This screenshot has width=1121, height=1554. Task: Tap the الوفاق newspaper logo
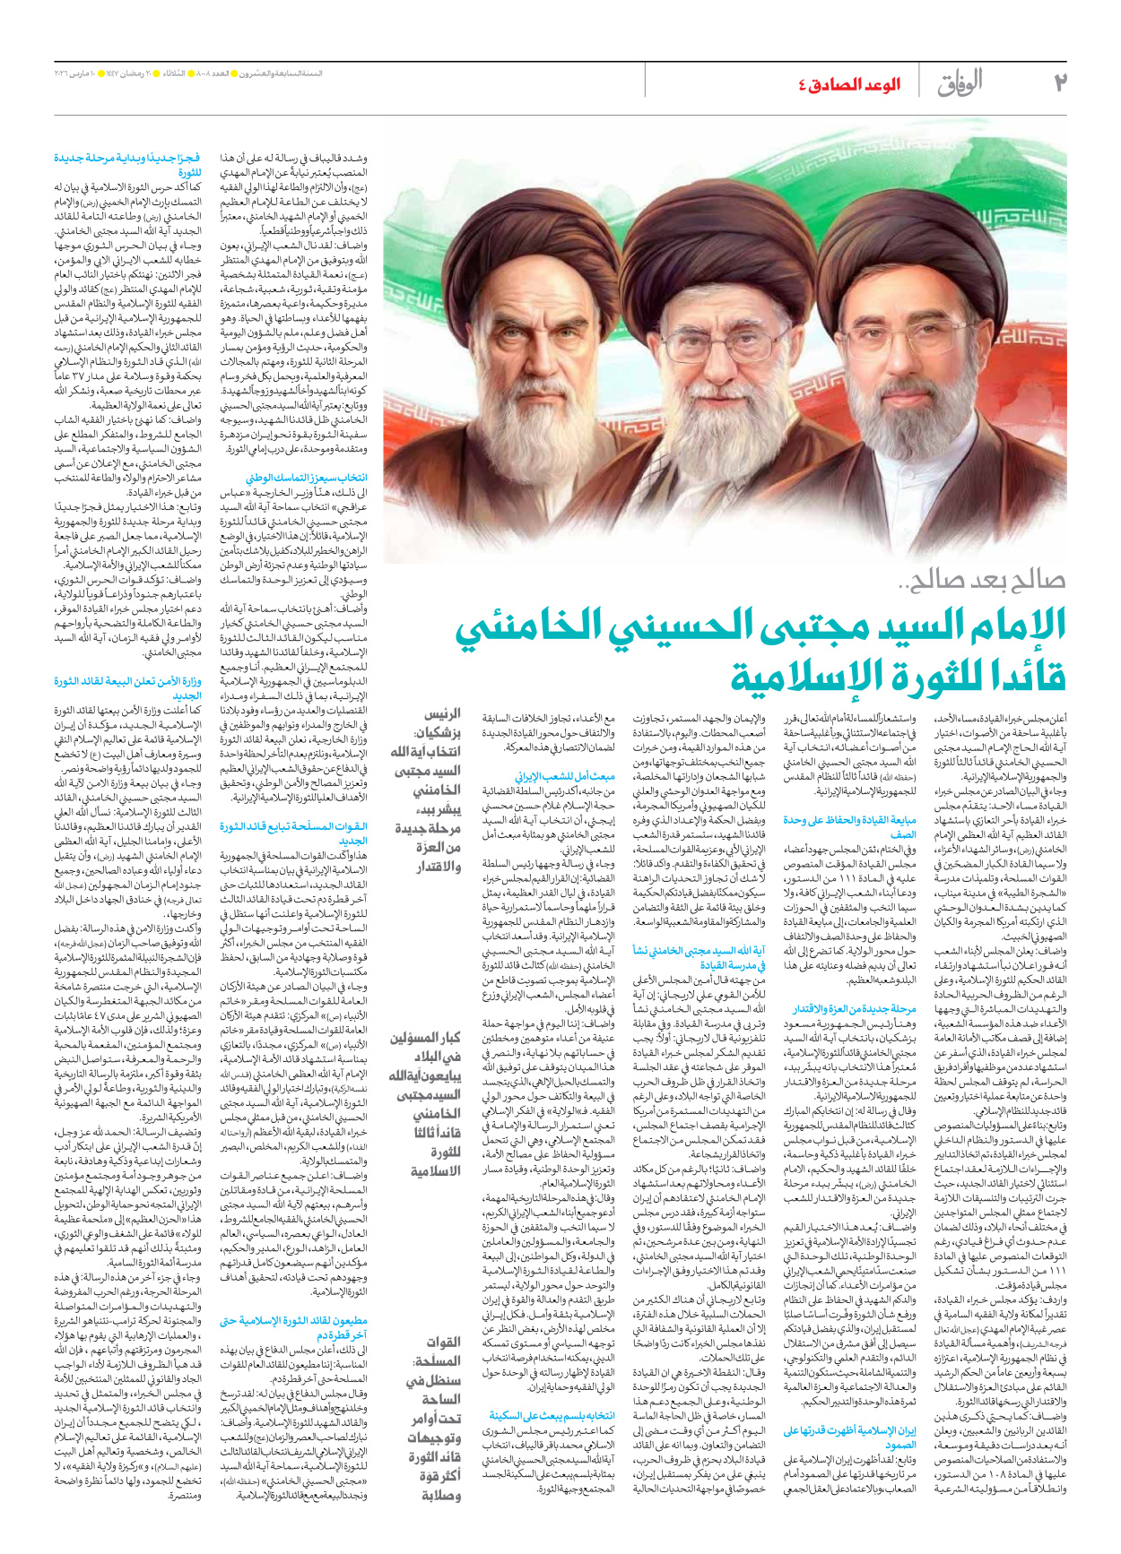960,83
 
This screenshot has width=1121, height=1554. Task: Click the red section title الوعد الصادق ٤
849,84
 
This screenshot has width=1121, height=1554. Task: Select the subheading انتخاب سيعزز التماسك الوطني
306,478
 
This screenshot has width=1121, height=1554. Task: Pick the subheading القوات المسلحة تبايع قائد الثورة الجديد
293,833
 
